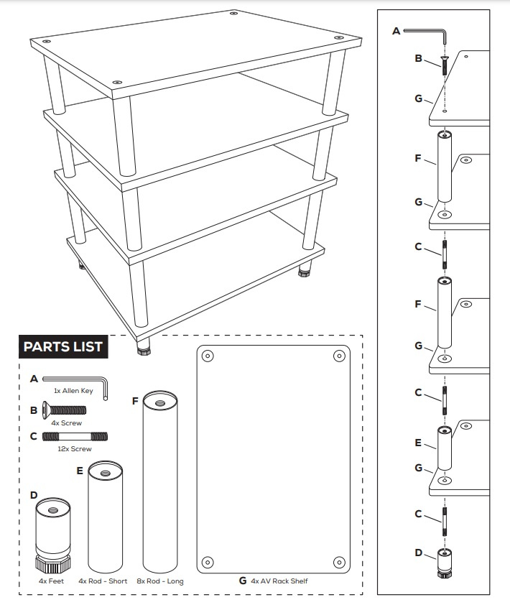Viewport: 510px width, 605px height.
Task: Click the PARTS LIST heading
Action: coord(63,347)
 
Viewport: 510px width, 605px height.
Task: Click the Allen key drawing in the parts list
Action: coord(75,379)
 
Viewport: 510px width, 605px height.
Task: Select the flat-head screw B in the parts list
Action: coord(64,410)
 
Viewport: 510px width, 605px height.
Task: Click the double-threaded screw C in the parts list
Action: coord(75,435)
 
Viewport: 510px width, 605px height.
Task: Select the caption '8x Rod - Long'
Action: coord(159,581)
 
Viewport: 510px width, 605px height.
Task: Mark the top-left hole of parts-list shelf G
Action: coord(208,356)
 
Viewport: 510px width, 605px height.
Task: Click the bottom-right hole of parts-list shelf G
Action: coord(338,561)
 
